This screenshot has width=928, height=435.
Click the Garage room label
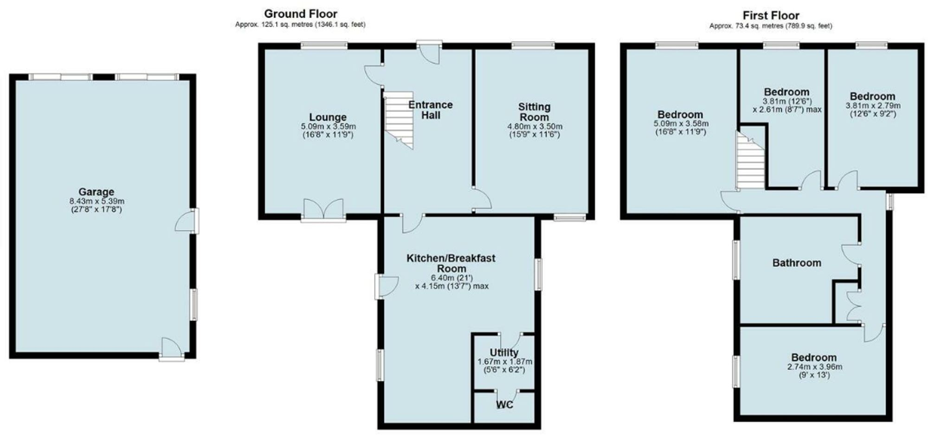point(96,192)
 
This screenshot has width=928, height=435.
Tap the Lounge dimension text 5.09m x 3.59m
point(328,126)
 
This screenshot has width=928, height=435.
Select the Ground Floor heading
point(300,14)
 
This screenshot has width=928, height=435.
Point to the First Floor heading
point(771,15)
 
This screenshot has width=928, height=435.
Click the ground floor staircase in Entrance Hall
point(399,120)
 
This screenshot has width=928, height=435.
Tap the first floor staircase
point(751,162)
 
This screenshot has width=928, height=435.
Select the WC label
point(504,405)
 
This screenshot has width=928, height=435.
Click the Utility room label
point(504,352)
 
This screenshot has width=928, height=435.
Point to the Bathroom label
point(797,263)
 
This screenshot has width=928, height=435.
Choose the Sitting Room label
point(535,112)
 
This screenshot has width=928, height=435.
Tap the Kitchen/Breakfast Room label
point(451,263)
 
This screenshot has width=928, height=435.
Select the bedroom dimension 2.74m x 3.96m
point(814,367)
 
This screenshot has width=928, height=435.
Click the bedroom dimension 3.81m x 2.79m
point(873,106)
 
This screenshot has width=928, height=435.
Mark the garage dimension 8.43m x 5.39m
point(96,201)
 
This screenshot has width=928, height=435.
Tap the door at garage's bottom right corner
point(171,349)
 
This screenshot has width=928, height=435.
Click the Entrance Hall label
point(430,110)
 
